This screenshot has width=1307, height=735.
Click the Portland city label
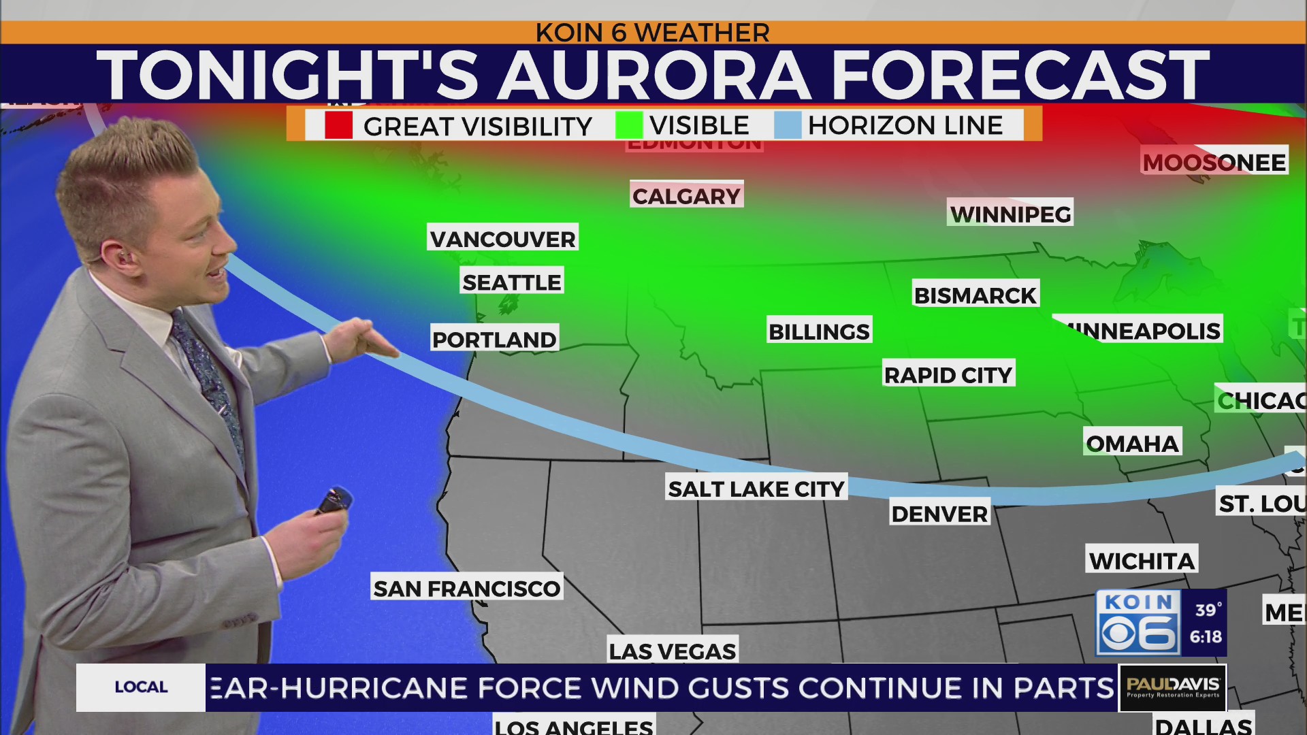pyautogui.click(x=495, y=338)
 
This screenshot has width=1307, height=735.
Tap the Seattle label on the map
pyautogui.click(x=512, y=281)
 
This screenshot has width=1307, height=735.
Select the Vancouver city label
pyautogui.click(x=502, y=238)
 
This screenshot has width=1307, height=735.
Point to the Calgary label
pyautogui.click(x=686, y=195)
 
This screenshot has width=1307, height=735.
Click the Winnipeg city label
pyautogui.click(x=1010, y=214)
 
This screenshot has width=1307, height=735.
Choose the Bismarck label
pyautogui.click(x=975, y=295)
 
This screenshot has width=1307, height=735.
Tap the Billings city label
pyautogui.click(x=819, y=331)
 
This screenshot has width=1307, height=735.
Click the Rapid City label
pyautogui.click(x=948, y=374)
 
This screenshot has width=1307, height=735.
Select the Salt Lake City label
pyautogui.click(x=756, y=488)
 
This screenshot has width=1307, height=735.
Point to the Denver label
pyautogui.click(x=939, y=513)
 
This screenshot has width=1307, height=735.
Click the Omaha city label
pyautogui.click(x=1132, y=443)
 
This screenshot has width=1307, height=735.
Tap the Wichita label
pyautogui.click(x=1142, y=560)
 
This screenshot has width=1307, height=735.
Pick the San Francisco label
pyautogui.click(x=467, y=588)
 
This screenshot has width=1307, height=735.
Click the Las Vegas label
pyautogui.click(x=673, y=651)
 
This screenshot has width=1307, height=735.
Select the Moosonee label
pyautogui.click(x=1214, y=162)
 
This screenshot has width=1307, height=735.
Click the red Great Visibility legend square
pyautogui.click(x=338, y=125)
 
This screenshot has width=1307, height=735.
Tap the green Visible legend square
pyautogui.click(x=628, y=125)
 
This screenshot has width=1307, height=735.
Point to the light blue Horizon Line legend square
pyautogui.click(x=788, y=125)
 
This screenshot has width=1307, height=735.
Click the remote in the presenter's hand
pyautogui.click(x=334, y=501)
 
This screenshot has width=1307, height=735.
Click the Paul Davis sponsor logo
pyautogui.click(x=1172, y=687)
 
